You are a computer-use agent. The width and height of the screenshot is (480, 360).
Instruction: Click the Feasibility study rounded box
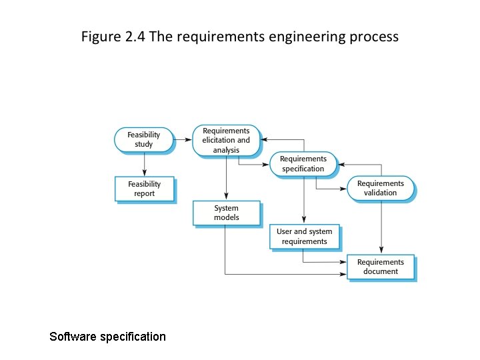pos(143,139)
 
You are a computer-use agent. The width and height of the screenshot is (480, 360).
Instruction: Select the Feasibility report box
pos(144,189)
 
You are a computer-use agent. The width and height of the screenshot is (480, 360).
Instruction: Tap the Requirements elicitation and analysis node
pos(226,140)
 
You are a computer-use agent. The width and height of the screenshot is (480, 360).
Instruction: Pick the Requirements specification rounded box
pos(303,164)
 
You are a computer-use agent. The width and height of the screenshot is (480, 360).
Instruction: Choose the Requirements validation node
pos(380,188)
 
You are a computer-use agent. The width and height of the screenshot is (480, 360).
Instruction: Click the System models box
pos(226,213)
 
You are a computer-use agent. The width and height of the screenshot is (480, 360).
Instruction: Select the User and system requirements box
pos(304,237)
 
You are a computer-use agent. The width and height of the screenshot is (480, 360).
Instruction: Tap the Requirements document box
pos(381,267)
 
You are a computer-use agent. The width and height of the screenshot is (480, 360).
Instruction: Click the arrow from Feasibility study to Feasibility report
pos(144,164)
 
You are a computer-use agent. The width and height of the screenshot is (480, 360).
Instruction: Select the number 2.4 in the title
pos(136,37)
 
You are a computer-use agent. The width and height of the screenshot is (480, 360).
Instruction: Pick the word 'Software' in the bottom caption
pos(73,337)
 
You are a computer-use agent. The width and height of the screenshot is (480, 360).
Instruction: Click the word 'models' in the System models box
pos(227,217)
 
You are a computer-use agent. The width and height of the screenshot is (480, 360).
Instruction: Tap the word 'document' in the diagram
pos(381,271)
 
